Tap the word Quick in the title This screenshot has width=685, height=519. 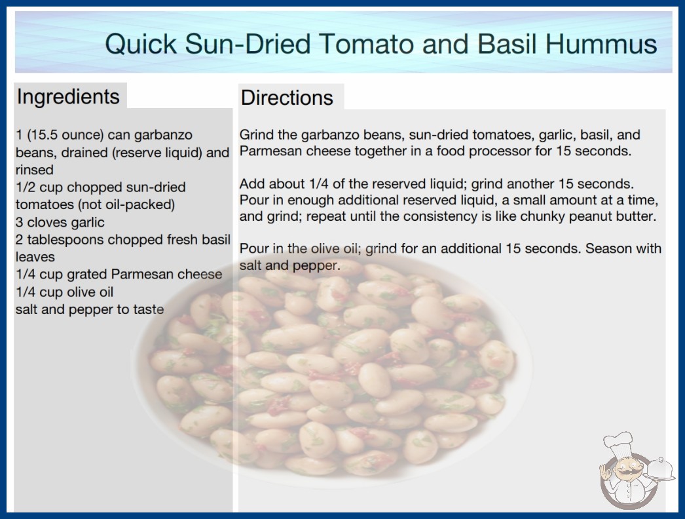141,44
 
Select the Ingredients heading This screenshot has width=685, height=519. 68,96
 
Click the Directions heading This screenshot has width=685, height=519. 287,98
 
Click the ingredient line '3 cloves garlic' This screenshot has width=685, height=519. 60,222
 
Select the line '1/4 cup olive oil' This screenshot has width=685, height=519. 64,292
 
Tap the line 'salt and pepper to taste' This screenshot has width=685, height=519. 90,309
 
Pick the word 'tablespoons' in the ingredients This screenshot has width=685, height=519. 65,240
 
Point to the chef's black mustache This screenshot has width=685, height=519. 626,472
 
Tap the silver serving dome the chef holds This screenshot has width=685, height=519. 660,469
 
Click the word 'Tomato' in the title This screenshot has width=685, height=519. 368,44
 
